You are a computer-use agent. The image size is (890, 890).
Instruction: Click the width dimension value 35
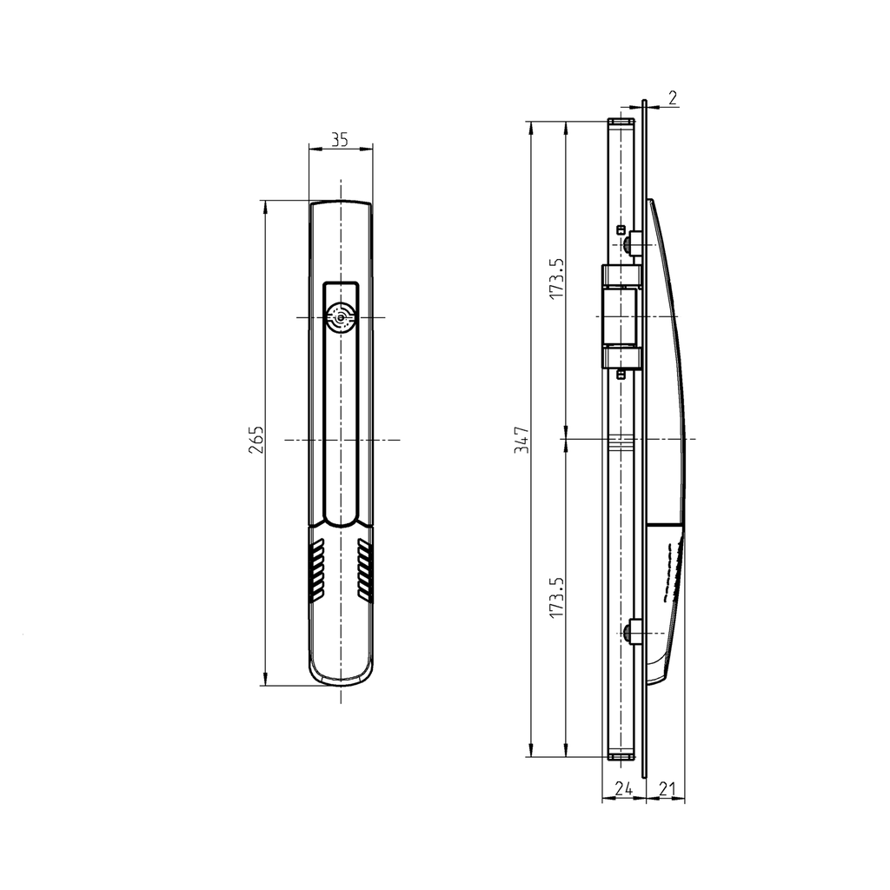coord(340,139)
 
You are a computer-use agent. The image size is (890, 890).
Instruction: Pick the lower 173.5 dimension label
coord(557,599)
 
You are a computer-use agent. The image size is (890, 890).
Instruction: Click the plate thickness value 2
coord(673,96)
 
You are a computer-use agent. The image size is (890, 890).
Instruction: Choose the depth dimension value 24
coord(623,788)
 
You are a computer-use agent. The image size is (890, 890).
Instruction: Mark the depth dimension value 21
coord(666,788)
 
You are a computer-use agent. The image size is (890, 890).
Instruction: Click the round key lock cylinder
coord(340,319)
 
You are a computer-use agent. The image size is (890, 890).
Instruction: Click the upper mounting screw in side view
coord(634,244)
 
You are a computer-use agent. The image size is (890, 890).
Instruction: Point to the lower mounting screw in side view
coord(634,633)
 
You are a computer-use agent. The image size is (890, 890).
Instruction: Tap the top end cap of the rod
coord(620,123)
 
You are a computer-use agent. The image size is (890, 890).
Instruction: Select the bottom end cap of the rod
coord(620,756)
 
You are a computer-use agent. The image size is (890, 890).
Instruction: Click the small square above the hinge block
coord(621,229)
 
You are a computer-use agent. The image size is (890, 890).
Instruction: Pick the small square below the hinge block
coord(621,375)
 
